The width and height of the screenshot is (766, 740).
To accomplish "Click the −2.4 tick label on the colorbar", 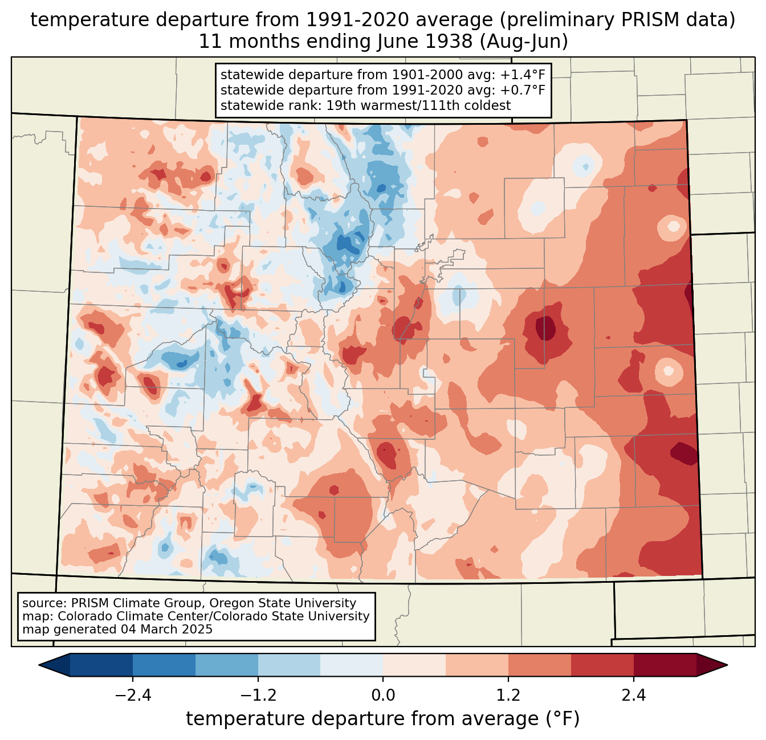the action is (x=133, y=695).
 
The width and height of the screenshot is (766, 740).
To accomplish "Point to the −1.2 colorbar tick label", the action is (x=258, y=695).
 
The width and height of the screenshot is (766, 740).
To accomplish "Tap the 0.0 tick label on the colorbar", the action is (x=383, y=695).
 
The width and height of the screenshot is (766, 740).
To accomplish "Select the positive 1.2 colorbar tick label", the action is (x=508, y=695).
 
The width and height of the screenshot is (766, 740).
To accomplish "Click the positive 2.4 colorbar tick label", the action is (x=634, y=695).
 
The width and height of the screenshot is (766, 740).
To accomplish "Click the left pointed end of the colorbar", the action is (x=39, y=665).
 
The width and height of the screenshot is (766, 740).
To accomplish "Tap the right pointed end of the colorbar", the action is (x=727, y=665).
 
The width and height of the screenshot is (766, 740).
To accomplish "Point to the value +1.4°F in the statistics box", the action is (x=523, y=75).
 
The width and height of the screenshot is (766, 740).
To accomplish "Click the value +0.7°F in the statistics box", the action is (x=523, y=90).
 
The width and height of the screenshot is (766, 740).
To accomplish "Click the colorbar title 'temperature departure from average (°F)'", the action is (x=383, y=719).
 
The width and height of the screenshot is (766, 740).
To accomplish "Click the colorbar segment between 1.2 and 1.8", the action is (x=540, y=665).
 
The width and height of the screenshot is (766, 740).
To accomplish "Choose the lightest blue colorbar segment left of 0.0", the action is (x=352, y=665).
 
